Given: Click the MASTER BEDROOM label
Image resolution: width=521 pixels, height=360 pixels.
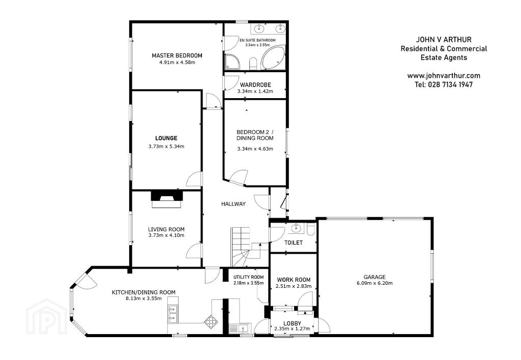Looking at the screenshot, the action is (177, 55).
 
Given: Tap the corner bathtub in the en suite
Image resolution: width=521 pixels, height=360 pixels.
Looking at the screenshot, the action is (273, 58).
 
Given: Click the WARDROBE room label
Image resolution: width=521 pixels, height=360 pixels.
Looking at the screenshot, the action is (255, 85).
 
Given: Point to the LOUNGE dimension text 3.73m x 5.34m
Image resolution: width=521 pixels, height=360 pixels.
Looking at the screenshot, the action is (166, 146).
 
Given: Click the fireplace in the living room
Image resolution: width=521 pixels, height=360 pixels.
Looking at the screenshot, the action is (167, 199).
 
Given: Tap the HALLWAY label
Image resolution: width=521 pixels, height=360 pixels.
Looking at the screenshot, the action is (233, 204).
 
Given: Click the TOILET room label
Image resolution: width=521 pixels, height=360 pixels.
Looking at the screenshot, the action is (294, 243).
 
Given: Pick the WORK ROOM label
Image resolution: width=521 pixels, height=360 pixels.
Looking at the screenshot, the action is (294, 280).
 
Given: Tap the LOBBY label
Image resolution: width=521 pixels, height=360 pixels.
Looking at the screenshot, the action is (293, 323).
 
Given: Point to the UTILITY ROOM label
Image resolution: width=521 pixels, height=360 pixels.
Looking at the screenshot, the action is (248, 277).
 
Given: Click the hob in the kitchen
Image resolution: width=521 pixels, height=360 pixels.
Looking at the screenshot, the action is (210, 320).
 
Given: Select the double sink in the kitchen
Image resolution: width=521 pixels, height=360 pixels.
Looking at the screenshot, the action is (173, 314).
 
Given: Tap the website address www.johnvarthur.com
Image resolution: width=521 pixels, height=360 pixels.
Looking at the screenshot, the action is (444, 76).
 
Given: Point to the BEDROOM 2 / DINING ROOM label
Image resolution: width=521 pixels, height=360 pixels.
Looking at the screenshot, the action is (255, 135).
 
